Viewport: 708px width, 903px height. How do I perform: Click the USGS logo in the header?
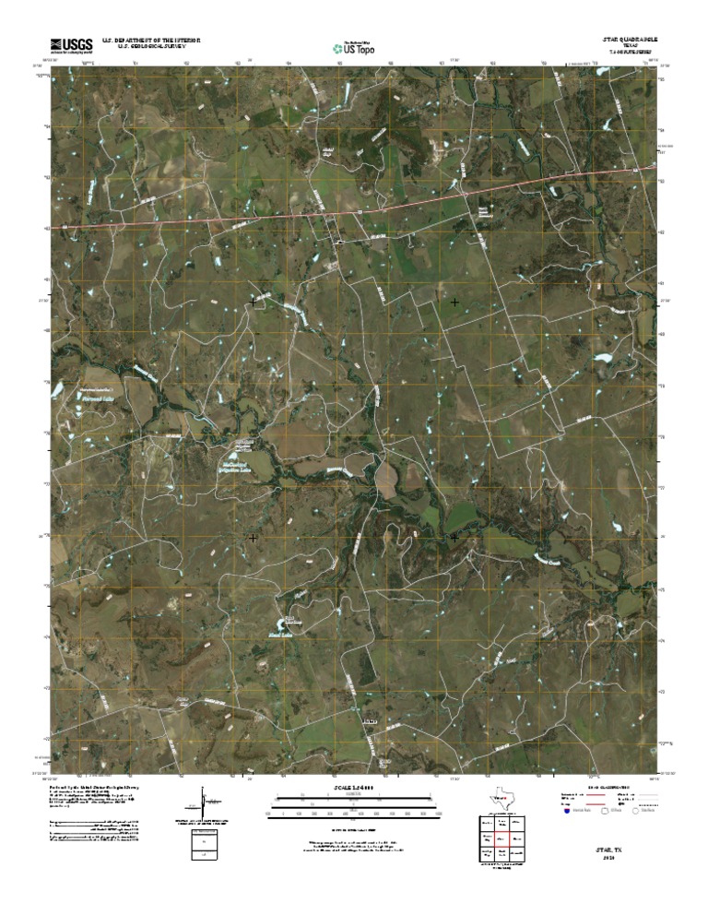pyautogui.click(x=71, y=43)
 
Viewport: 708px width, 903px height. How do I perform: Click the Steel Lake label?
pyautogui.click(x=294, y=634)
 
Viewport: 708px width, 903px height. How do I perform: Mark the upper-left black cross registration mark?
pyautogui.click(x=253, y=301)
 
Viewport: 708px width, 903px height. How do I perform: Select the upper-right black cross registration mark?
pyautogui.click(x=454, y=302)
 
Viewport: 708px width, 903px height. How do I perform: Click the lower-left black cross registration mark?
pyautogui.click(x=253, y=537)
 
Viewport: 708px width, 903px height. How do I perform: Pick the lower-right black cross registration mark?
pyautogui.click(x=454, y=536)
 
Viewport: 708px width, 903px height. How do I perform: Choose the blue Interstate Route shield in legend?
pyautogui.click(x=567, y=812)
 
